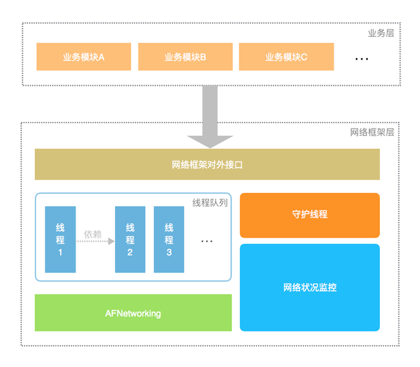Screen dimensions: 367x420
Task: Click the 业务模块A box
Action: [x=84, y=57]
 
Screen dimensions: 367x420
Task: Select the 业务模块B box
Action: [x=185, y=57]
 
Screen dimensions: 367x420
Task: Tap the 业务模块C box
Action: [x=286, y=57]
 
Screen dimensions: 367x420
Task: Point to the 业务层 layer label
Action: [x=381, y=33]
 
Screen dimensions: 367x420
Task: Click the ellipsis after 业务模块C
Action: [x=362, y=59]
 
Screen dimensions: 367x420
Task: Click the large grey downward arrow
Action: [x=210, y=117]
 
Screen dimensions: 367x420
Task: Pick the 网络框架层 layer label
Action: [x=372, y=132]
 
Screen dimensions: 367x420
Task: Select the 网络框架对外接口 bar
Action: [x=207, y=164]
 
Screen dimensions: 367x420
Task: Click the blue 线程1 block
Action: [x=60, y=239]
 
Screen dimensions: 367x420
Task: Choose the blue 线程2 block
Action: [x=130, y=239]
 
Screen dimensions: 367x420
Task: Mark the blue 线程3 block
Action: [x=169, y=239]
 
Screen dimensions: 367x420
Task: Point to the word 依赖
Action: [x=93, y=234]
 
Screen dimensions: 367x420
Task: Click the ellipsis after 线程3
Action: [x=207, y=241]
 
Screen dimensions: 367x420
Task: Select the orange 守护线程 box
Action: [x=310, y=215]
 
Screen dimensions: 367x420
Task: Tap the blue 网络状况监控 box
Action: [x=310, y=287]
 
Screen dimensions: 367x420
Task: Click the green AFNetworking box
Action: [x=133, y=313]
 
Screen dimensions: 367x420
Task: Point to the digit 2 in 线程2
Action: [x=130, y=252]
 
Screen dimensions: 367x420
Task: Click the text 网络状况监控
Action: [x=310, y=288]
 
